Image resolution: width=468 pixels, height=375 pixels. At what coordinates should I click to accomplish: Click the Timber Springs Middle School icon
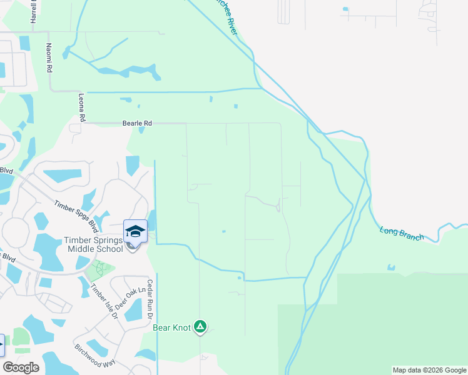pyautogui.click(x=136, y=231)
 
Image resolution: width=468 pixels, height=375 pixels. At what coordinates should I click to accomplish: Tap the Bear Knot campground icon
pyautogui.click(x=200, y=326)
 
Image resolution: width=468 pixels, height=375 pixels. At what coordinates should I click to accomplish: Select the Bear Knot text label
pyautogui.click(x=170, y=327)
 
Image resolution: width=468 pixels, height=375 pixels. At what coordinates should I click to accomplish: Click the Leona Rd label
pyautogui.click(x=81, y=107)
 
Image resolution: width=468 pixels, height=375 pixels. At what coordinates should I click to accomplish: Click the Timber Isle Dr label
pyautogui.click(x=104, y=302)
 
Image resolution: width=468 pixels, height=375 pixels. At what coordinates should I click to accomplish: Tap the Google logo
pyautogui.click(x=21, y=367)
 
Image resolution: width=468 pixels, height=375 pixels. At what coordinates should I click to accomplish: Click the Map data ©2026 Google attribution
pyautogui.click(x=429, y=370)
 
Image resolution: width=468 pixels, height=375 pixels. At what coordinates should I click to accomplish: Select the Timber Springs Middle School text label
pyautogui.click(x=93, y=244)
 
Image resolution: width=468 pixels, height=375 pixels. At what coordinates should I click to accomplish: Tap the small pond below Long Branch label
pyautogui.click(x=391, y=268)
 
